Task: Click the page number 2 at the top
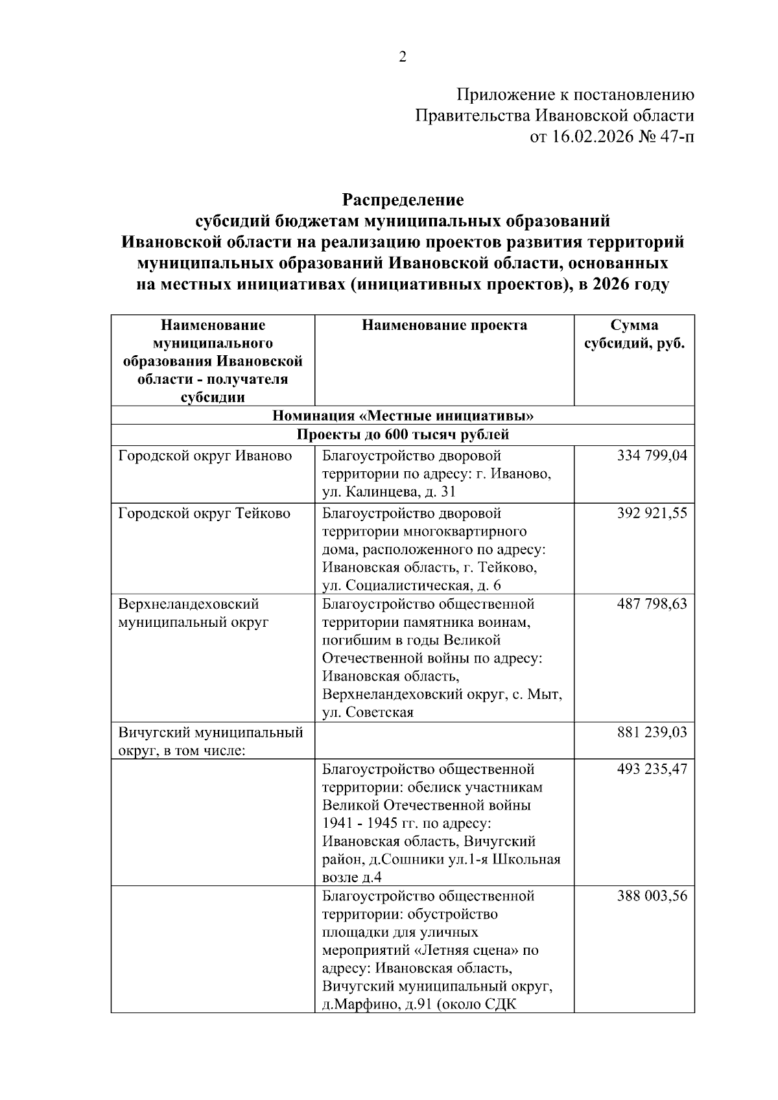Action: [402, 58]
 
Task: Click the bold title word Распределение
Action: [403, 199]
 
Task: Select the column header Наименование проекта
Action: [444, 325]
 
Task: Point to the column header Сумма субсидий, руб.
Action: [634, 334]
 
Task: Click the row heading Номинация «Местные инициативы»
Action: [402, 415]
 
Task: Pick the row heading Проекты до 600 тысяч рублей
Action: [402, 434]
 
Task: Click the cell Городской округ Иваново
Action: [205, 456]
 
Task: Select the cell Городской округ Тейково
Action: [204, 514]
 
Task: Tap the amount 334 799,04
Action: [652, 456]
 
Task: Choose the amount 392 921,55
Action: [652, 514]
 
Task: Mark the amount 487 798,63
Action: [652, 604]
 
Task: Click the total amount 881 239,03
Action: [652, 733]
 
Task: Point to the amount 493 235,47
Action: [652, 769]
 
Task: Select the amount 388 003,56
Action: [652, 896]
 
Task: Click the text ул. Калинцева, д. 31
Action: [389, 492]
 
